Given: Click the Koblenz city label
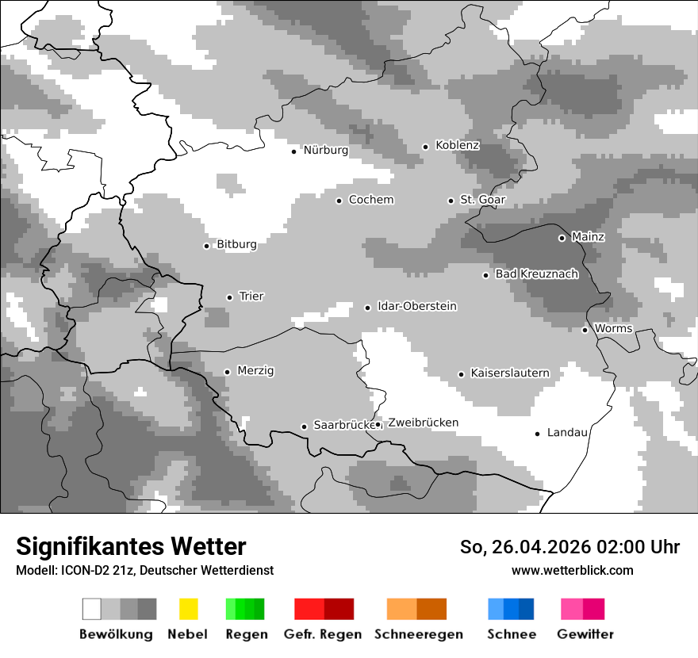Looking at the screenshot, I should click(457, 145).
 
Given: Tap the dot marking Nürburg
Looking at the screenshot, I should click(293, 151).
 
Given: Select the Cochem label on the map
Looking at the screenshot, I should click(371, 200).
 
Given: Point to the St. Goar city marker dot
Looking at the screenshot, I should click(451, 201).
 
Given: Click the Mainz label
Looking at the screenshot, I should click(588, 237).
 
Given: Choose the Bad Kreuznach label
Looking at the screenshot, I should click(536, 274).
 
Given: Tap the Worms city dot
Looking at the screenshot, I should click(585, 330).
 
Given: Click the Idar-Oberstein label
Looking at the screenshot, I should click(417, 307).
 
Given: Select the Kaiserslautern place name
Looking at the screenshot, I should click(510, 373).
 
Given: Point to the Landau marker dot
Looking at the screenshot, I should click(537, 434).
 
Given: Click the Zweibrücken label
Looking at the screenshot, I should click(423, 423).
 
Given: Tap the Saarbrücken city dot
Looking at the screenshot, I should click(304, 427).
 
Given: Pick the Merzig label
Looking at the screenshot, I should click(255, 371).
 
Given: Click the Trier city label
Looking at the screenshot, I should click(251, 296).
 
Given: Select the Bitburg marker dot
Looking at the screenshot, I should click(206, 246).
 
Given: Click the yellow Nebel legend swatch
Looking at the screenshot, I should click(188, 609).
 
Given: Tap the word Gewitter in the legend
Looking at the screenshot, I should click(585, 634).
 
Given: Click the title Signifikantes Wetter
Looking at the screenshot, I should click(131, 547).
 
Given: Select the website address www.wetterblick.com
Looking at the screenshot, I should click(572, 571).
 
